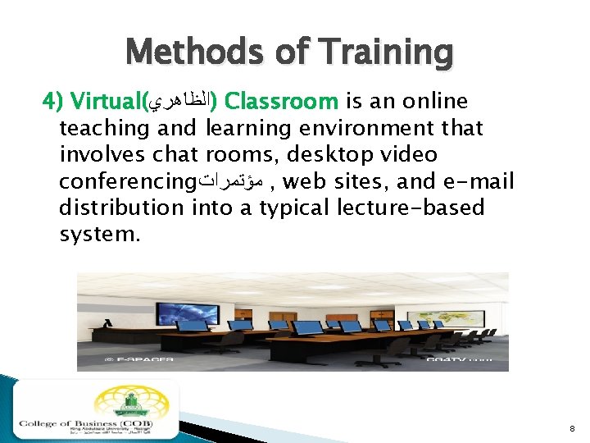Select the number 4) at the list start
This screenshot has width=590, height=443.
(52, 102)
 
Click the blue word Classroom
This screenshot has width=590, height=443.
(281, 102)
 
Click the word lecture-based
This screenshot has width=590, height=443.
(411, 207)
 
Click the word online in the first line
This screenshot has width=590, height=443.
(429, 102)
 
